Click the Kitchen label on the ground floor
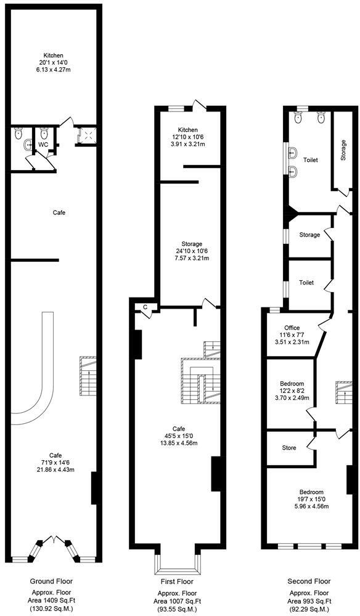[53, 55]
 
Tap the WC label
[44, 144]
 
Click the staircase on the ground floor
[88, 376]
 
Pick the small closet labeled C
[145, 307]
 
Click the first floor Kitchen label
[187, 130]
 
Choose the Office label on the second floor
[292, 328]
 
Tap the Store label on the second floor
[289, 448]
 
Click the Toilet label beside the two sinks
[310, 160]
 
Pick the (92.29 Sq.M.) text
[309, 609]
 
